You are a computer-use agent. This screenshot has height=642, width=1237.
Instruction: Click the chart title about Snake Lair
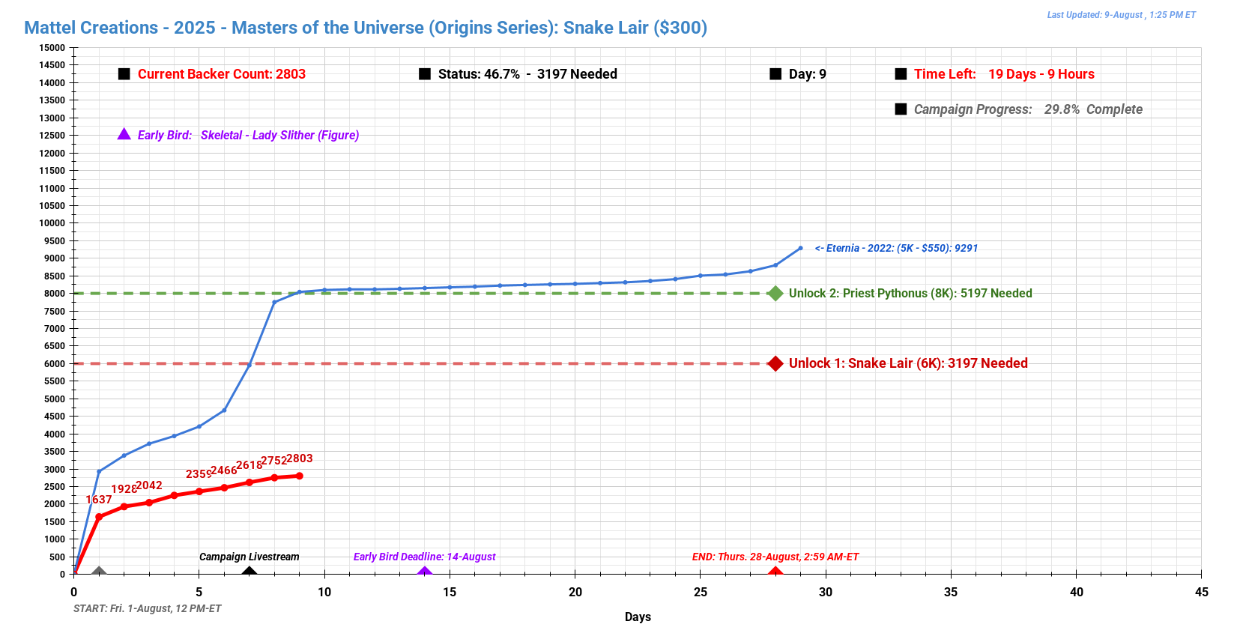(366, 28)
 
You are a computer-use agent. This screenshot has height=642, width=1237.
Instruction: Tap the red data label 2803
(300, 458)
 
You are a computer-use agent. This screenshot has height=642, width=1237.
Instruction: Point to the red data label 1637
(99, 500)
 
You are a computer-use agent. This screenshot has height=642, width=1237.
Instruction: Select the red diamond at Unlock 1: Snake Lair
(775, 363)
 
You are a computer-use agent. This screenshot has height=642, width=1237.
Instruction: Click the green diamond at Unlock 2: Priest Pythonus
(775, 294)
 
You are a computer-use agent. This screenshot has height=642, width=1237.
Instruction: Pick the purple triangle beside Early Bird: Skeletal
(124, 134)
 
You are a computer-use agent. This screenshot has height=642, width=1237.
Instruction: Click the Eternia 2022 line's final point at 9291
(800, 248)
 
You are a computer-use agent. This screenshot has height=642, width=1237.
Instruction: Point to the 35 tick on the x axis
(951, 592)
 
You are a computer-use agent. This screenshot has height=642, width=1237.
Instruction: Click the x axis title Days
(638, 617)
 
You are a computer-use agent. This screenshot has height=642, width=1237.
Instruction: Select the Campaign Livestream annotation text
(249, 557)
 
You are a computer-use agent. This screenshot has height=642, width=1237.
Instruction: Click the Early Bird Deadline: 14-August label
(424, 557)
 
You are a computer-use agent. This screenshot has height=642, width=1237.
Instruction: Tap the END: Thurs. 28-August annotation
(775, 557)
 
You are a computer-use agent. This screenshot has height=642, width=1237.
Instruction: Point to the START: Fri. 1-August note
(148, 608)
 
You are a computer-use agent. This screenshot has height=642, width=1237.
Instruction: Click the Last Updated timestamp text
(1121, 15)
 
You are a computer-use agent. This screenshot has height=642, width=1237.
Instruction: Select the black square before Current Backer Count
(124, 74)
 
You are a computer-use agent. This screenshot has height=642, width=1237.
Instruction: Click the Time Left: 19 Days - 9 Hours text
(1004, 74)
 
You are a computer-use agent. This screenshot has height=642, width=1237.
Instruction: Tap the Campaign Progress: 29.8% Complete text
(1028, 109)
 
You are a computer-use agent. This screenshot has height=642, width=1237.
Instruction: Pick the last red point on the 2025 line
(300, 476)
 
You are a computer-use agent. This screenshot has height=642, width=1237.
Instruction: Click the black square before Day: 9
(775, 74)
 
